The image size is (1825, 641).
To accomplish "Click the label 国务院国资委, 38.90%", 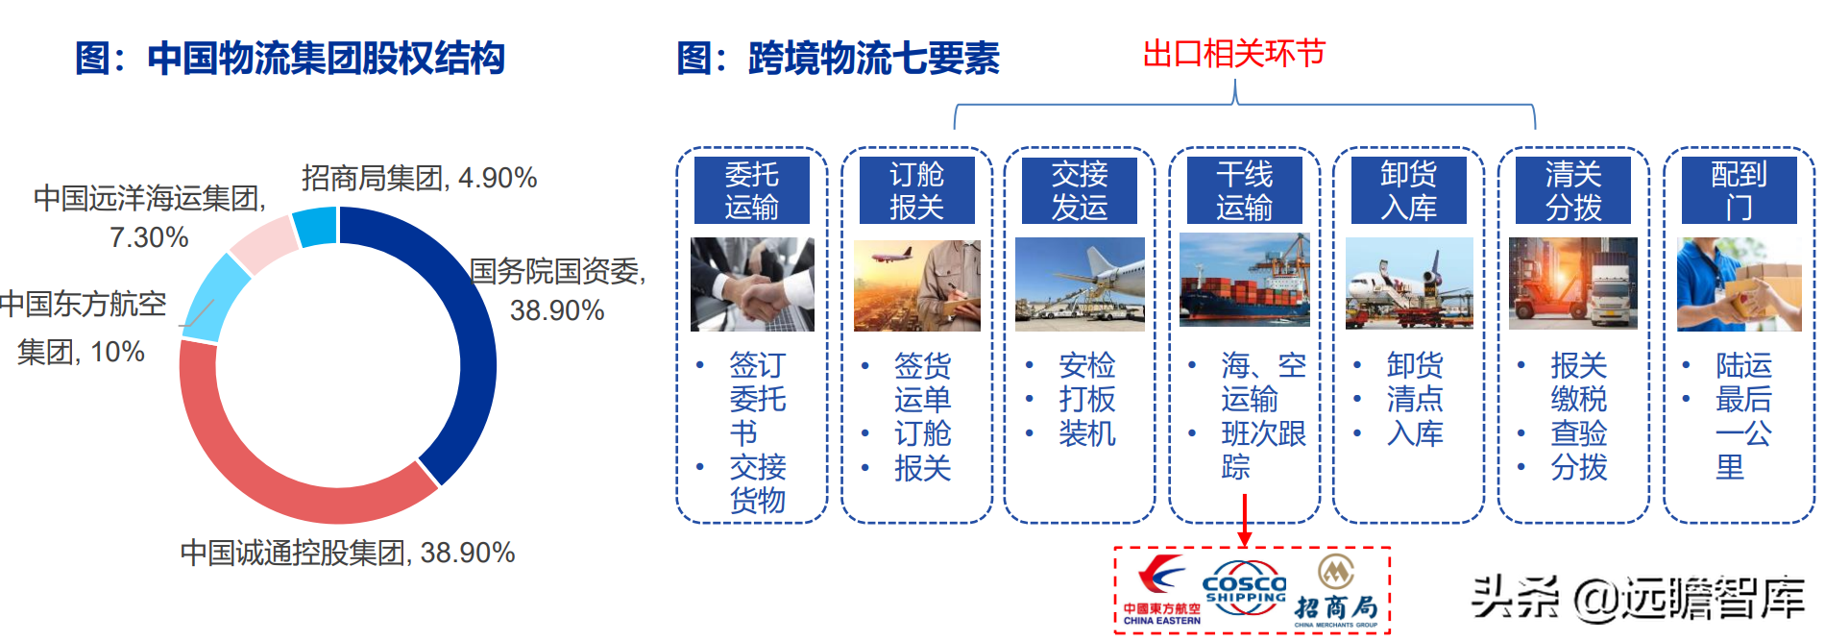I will (x=557, y=290).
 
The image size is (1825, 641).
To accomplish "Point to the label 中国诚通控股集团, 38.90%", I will (x=348, y=554).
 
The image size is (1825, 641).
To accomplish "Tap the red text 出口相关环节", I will (x=1233, y=54).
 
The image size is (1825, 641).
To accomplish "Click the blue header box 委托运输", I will (x=751, y=190).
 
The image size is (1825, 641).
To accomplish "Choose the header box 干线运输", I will (x=1244, y=190).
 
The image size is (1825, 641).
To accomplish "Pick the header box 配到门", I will (x=1739, y=190).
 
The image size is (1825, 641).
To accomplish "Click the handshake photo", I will (x=752, y=284).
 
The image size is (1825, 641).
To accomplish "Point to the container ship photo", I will (x=1244, y=281).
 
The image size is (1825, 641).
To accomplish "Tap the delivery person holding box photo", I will (x=1739, y=284).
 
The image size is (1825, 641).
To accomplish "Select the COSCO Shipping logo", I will (x=1244, y=588).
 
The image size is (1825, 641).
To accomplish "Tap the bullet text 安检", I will (x=1086, y=365).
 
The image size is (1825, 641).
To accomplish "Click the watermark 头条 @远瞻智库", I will (x=1638, y=598).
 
